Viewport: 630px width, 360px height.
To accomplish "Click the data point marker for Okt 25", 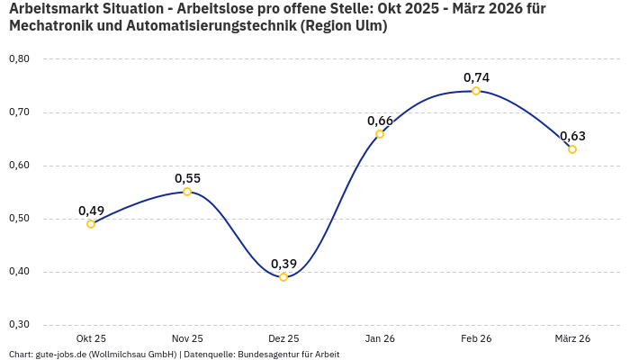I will pyautogui.click(x=91, y=224).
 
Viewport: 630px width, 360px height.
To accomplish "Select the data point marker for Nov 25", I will pyautogui.click(x=187, y=192).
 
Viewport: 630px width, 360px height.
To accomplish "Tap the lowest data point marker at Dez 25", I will pyautogui.click(x=283, y=277).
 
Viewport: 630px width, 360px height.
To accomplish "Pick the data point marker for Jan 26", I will pyautogui.click(x=380, y=134).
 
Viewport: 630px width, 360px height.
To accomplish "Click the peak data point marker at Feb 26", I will pyautogui.click(x=476, y=91).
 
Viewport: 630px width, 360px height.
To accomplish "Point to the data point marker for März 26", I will pyautogui.click(x=572, y=149).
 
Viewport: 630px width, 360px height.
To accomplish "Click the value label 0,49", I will pyautogui.click(x=91, y=211).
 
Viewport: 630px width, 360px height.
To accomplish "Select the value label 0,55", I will pyautogui.click(x=187, y=178).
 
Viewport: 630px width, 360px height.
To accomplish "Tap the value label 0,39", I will pyautogui.click(x=283, y=264).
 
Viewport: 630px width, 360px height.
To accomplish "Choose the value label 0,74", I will pyautogui.click(x=476, y=77).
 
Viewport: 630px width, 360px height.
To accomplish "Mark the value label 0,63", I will pyautogui.click(x=572, y=136).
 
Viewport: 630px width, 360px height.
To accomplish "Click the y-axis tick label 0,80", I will pyautogui.click(x=19, y=59).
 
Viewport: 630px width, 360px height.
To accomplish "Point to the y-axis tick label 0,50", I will pyautogui.click(x=19, y=219).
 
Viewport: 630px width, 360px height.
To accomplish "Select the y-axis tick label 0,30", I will pyautogui.click(x=19, y=325).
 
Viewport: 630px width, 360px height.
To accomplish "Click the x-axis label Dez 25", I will pyautogui.click(x=283, y=338).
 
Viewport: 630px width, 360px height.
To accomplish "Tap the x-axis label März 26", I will pyautogui.click(x=572, y=338).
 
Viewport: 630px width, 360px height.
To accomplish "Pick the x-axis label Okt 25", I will pyautogui.click(x=91, y=338).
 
